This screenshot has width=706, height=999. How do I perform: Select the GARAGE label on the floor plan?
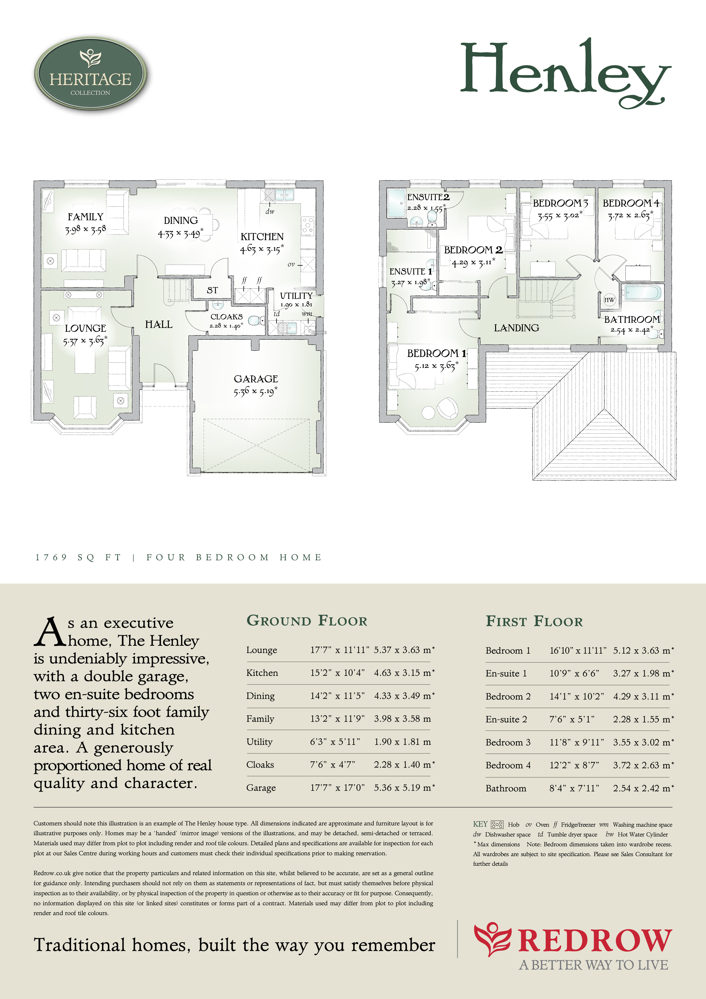pyautogui.click(x=256, y=379)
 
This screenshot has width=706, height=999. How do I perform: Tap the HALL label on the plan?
pyautogui.click(x=159, y=324)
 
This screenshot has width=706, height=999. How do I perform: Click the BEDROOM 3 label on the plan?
pyautogui.click(x=560, y=203)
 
